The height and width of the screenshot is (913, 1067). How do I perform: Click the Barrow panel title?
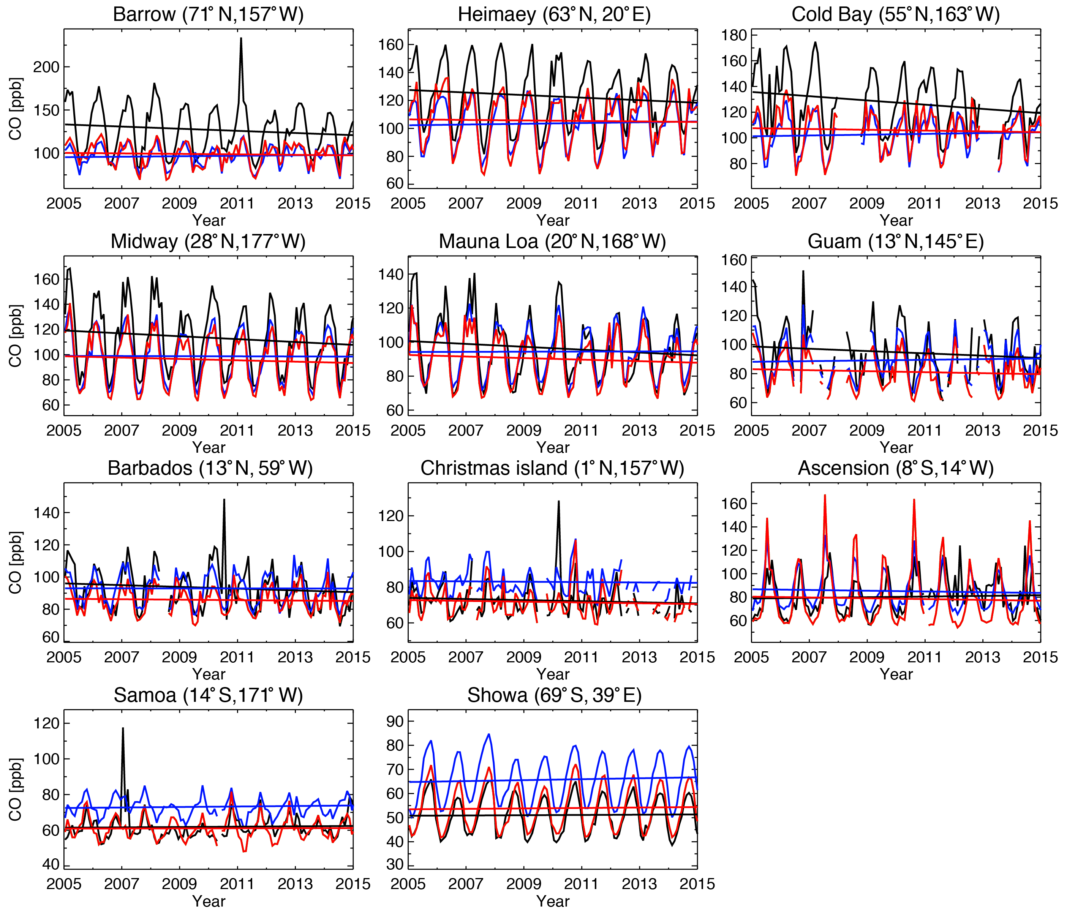point(208,14)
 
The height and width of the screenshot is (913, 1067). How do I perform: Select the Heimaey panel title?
point(554,14)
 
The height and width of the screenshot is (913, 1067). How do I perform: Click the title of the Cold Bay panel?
point(896,14)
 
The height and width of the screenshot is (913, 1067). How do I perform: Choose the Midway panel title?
point(208,241)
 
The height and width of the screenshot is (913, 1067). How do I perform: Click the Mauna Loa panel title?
point(552,241)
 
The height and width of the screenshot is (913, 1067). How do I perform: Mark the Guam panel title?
point(896,241)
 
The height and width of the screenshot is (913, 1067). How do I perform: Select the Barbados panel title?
point(210,468)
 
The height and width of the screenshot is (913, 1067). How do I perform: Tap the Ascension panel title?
point(896,468)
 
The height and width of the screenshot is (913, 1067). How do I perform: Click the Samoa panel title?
point(208,695)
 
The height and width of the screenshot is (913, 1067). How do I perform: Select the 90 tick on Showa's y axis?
point(394,722)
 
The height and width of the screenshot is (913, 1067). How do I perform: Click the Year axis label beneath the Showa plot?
point(553,901)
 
